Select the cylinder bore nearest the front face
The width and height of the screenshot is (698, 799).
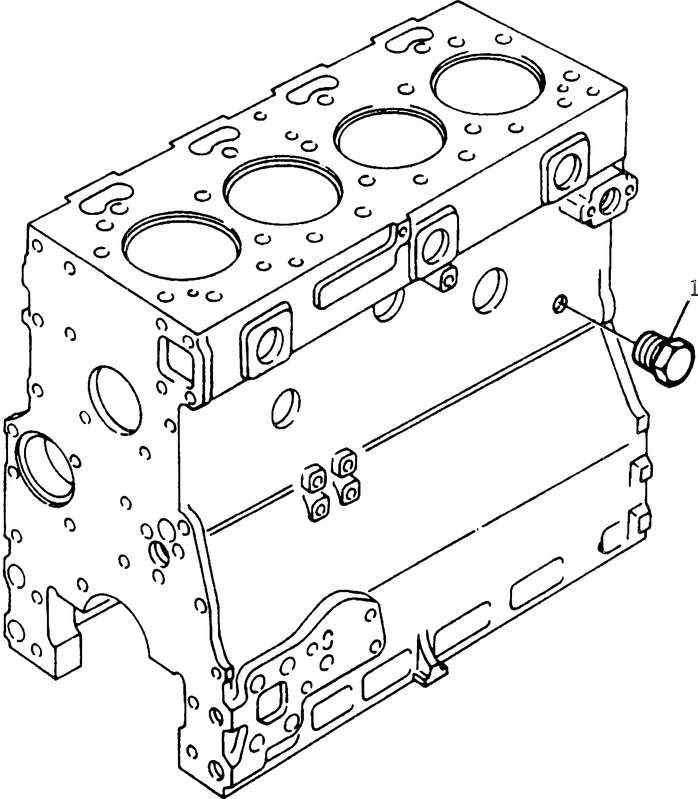181,246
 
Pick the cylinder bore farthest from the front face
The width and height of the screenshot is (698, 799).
488,84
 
